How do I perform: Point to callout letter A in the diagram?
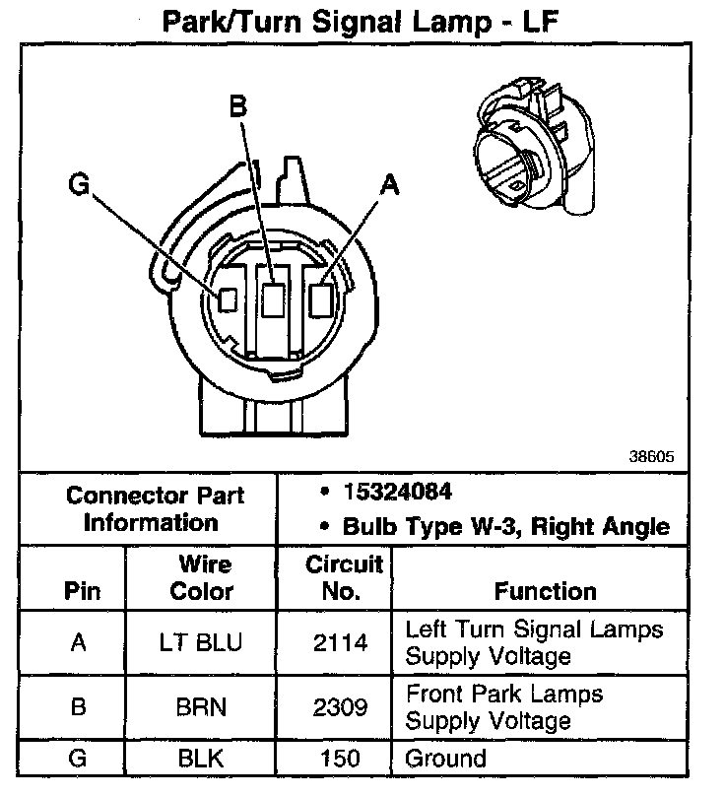point(390,184)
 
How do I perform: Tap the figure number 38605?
point(651,458)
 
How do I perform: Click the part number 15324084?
point(398,492)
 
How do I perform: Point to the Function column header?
point(545,591)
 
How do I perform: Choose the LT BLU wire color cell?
point(200,643)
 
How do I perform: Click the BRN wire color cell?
point(200,707)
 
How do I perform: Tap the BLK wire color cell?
point(200,758)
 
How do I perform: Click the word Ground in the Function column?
point(446,758)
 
